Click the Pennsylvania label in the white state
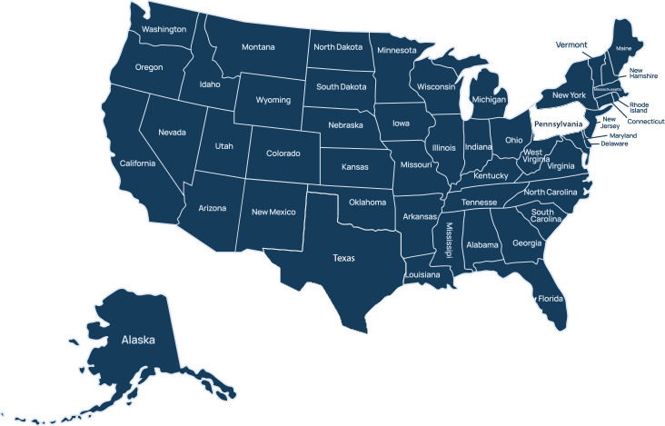pyautogui.click(x=558, y=124)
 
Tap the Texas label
pyautogui.click(x=343, y=258)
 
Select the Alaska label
pyautogui.click(x=138, y=340)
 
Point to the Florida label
pyautogui.click(x=550, y=299)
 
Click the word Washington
pyautogui.click(x=164, y=29)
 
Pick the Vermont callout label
pyautogui.click(x=571, y=44)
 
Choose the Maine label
pyautogui.click(x=623, y=48)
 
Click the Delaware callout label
pyautogui.click(x=615, y=144)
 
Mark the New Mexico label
pyautogui.click(x=273, y=212)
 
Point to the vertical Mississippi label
pyautogui.click(x=448, y=238)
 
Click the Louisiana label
pyautogui.click(x=422, y=274)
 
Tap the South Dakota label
pyautogui.click(x=342, y=87)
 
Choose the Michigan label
pyautogui.click(x=489, y=98)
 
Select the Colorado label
pyautogui.click(x=283, y=154)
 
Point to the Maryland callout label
pyautogui.click(x=622, y=135)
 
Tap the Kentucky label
pyautogui.click(x=491, y=175)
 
